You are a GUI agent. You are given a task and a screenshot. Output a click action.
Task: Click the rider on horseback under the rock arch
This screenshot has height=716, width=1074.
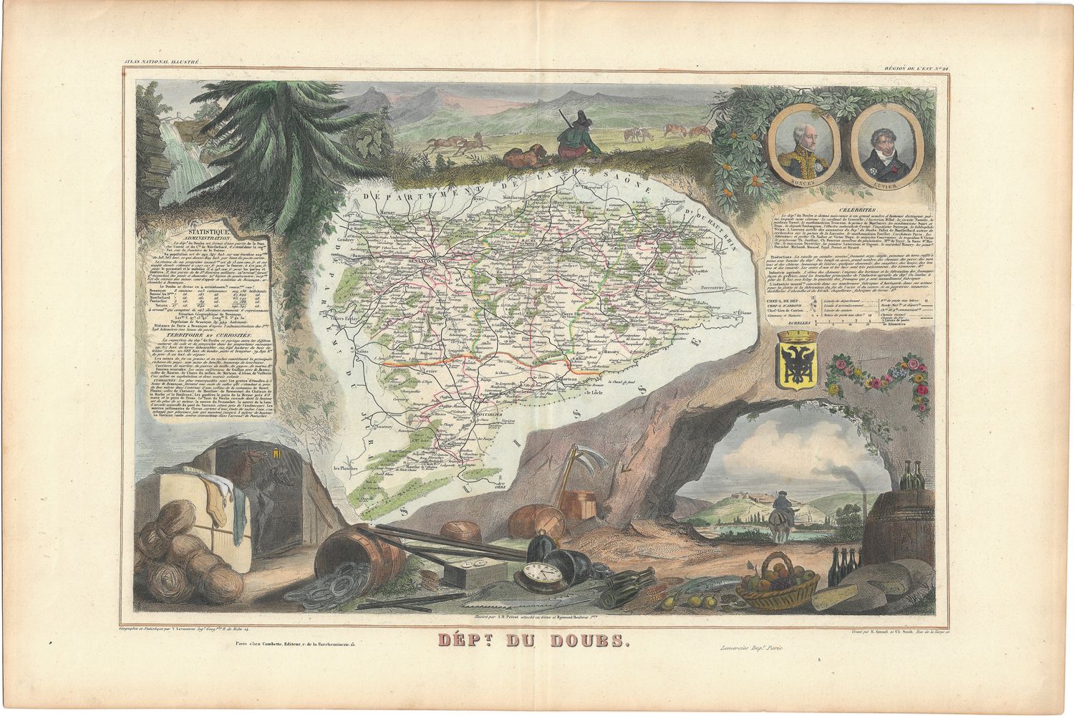pos(783,511)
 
